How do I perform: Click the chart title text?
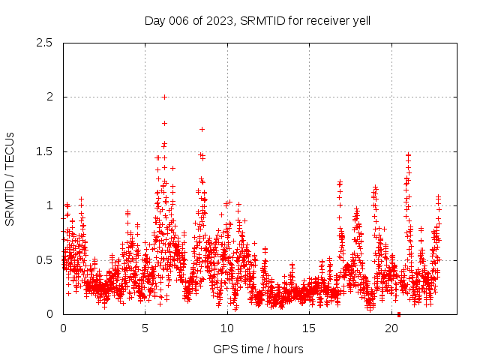pyautogui.click(x=257, y=20)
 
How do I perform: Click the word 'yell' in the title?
pyautogui.click(x=361, y=20)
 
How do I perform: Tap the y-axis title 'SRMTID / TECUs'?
pyautogui.click(x=10, y=178)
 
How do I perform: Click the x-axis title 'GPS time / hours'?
pyautogui.click(x=257, y=349)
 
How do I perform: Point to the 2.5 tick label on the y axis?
pyautogui.click(x=44, y=43)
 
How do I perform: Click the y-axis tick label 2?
pyautogui.click(x=49, y=97)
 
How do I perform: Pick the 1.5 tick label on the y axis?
pyautogui.click(x=44, y=151)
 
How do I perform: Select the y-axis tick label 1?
pyautogui.click(x=49, y=205)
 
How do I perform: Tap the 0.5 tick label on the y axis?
pyautogui.click(x=44, y=260)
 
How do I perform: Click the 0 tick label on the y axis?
pyautogui.click(x=49, y=314)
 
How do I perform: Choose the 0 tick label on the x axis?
pyautogui.click(x=63, y=328)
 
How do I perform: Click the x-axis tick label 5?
pyautogui.click(x=145, y=328)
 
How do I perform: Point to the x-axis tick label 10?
pyautogui.click(x=227, y=328)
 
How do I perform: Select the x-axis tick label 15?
pyautogui.click(x=310, y=328)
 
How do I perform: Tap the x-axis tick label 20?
pyautogui.click(x=391, y=328)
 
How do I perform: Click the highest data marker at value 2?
pyautogui.click(x=164, y=97)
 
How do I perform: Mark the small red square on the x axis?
pyautogui.click(x=399, y=314)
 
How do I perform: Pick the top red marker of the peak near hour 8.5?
pyautogui.click(x=202, y=129)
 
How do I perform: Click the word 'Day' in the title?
pyautogui.click(x=154, y=20)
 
